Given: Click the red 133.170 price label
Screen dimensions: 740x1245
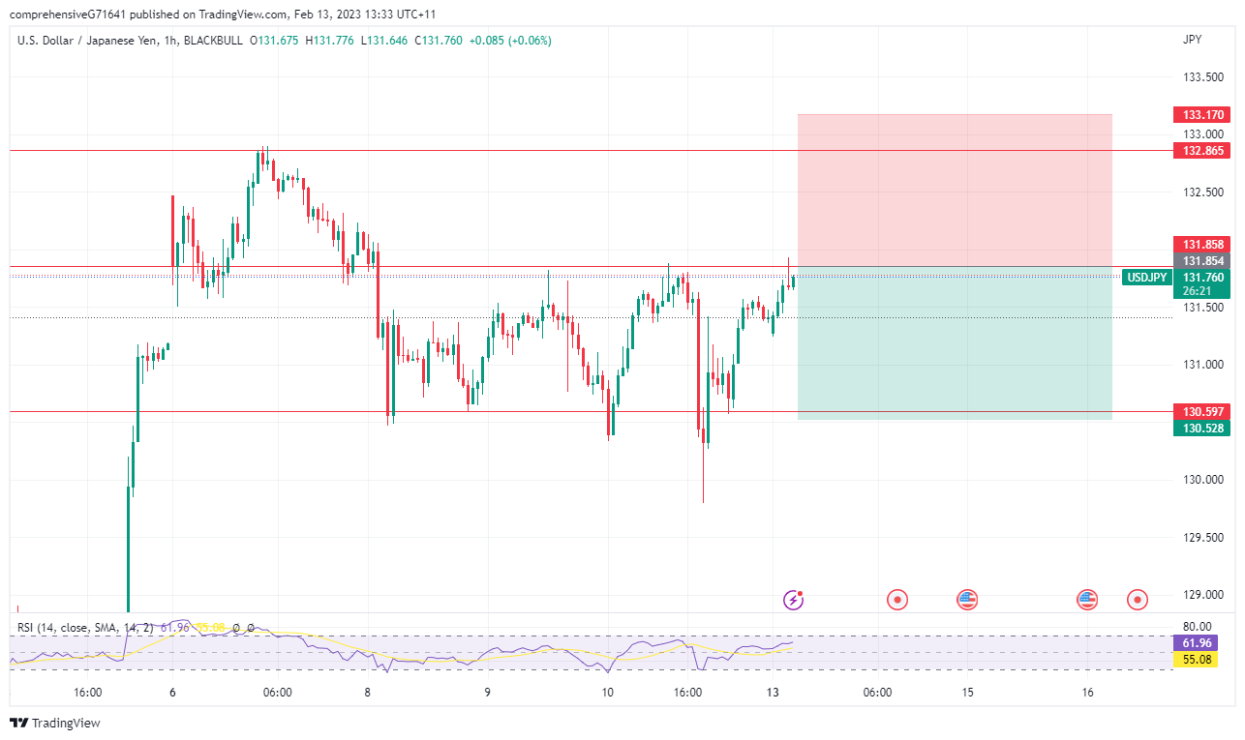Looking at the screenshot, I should pyautogui.click(x=1200, y=114).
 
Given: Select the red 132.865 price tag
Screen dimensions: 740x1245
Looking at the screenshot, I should pyautogui.click(x=1200, y=151).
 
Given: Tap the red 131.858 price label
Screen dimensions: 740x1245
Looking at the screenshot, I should pyautogui.click(x=1200, y=244).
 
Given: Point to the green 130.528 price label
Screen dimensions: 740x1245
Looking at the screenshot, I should pyautogui.click(x=1200, y=428).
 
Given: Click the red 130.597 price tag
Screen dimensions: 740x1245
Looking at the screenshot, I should pyautogui.click(x=1200, y=411).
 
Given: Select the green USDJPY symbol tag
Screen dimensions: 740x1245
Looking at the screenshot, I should pyautogui.click(x=1146, y=278).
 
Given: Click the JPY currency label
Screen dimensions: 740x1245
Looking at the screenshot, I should pyautogui.click(x=1193, y=40).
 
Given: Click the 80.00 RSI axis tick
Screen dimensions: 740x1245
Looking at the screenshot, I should pyautogui.click(x=1198, y=626).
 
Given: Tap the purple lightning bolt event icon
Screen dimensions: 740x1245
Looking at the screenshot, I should pyautogui.click(x=794, y=600).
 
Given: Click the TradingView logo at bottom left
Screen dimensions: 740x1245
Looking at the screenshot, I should pyautogui.click(x=55, y=724).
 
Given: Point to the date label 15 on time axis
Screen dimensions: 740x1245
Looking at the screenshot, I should pyautogui.click(x=968, y=693).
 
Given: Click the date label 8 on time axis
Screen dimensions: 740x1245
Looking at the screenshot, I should pyautogui.click(x=367, y=693).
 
